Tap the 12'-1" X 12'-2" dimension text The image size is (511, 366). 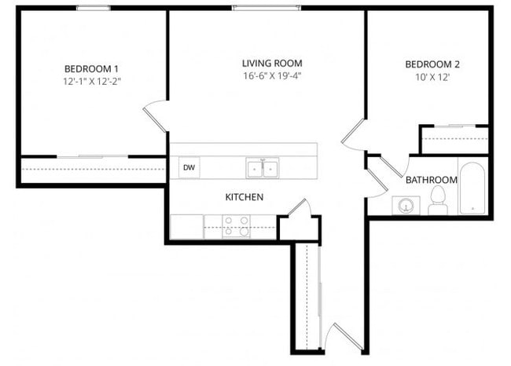click(x=92, y=81)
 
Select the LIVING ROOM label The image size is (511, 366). click(x=272, y=63)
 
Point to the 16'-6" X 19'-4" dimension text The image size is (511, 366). click(x=272, y=75)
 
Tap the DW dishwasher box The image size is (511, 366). click(x=189, y=167)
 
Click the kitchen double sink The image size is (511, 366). click(x=263, y=167)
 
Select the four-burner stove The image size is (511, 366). click(x=236, y=226)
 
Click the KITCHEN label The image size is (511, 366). click(x=244, y=196)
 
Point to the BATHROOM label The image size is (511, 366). click(x=431, y=180)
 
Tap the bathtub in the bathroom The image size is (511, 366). click(x=473, y=188)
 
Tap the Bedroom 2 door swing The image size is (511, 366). click(x=352, y=134)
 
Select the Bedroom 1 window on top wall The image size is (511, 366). click(x=93, y=9)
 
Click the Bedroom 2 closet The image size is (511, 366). click(x=454, y=139)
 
